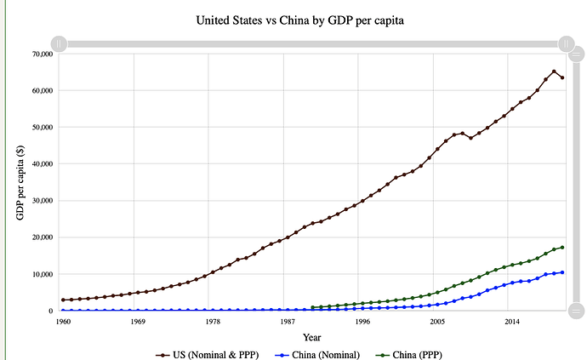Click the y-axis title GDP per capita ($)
[21, 181]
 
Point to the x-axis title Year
[312, 338]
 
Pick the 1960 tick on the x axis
[62, 323]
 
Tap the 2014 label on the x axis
[512, 323]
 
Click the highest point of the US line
[554, 71]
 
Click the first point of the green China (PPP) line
[312, 307]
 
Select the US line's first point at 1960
[62, 300]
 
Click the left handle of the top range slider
[59, 43]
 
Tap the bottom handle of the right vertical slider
[575, 310]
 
